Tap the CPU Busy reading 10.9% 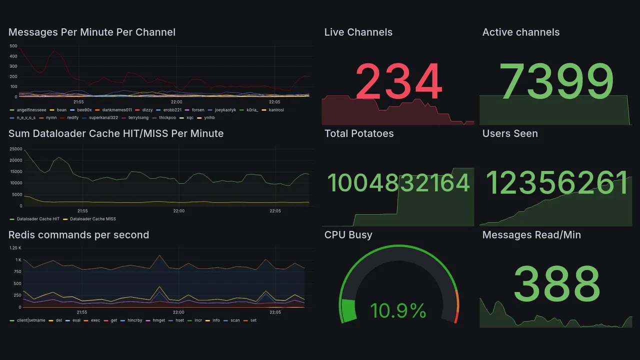click(398, 310)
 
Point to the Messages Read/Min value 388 click(556, 283)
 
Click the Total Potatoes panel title click(359, 133)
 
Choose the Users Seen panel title click(510, 133)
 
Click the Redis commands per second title click(78, 235)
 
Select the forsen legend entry click(198, 109)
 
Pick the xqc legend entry click(190, 117)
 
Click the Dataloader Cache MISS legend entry click(92, 219)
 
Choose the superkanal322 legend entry click(103, 117)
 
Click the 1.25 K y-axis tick click(15, 248)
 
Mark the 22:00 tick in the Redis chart click(178, 312)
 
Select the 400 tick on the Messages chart click(13, 56)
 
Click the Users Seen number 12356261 click(557, 182)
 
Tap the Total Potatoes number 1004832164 click(398, 182)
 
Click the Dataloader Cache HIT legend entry click(38, 219)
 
